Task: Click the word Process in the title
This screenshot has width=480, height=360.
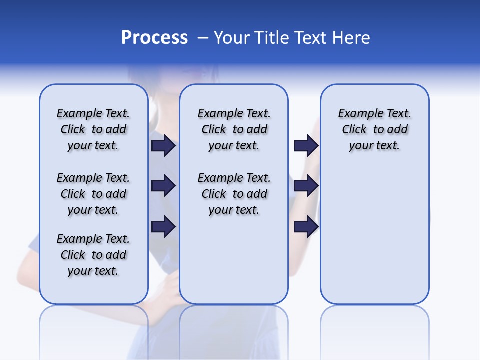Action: [x=154, y=37]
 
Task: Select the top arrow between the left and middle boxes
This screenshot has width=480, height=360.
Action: [x=163, y=145]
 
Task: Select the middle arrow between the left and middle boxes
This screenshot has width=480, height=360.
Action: [x=163, y=186]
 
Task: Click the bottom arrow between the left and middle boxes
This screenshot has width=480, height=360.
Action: [x=163, y=227]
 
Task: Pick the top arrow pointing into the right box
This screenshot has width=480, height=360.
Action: [x=306, y=145]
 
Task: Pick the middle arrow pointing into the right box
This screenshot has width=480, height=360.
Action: [x=306, y=186]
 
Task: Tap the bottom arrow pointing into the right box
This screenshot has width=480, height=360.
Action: [x=306, y=227]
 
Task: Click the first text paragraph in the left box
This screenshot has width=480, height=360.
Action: [x=93, y=129]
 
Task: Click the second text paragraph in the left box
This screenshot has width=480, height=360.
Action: [x=93, y=194]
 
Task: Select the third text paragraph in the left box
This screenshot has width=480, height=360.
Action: [x=93, y=255]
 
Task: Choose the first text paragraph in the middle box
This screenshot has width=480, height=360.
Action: [x=234, y=129]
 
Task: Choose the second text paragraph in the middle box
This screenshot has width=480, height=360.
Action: [x=234, y=194]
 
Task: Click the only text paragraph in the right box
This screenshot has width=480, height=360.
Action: [x=374, y=129]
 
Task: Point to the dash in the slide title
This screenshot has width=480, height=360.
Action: [x=203, y=38]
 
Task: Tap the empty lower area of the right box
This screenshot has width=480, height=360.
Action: [x=374, y=240]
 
